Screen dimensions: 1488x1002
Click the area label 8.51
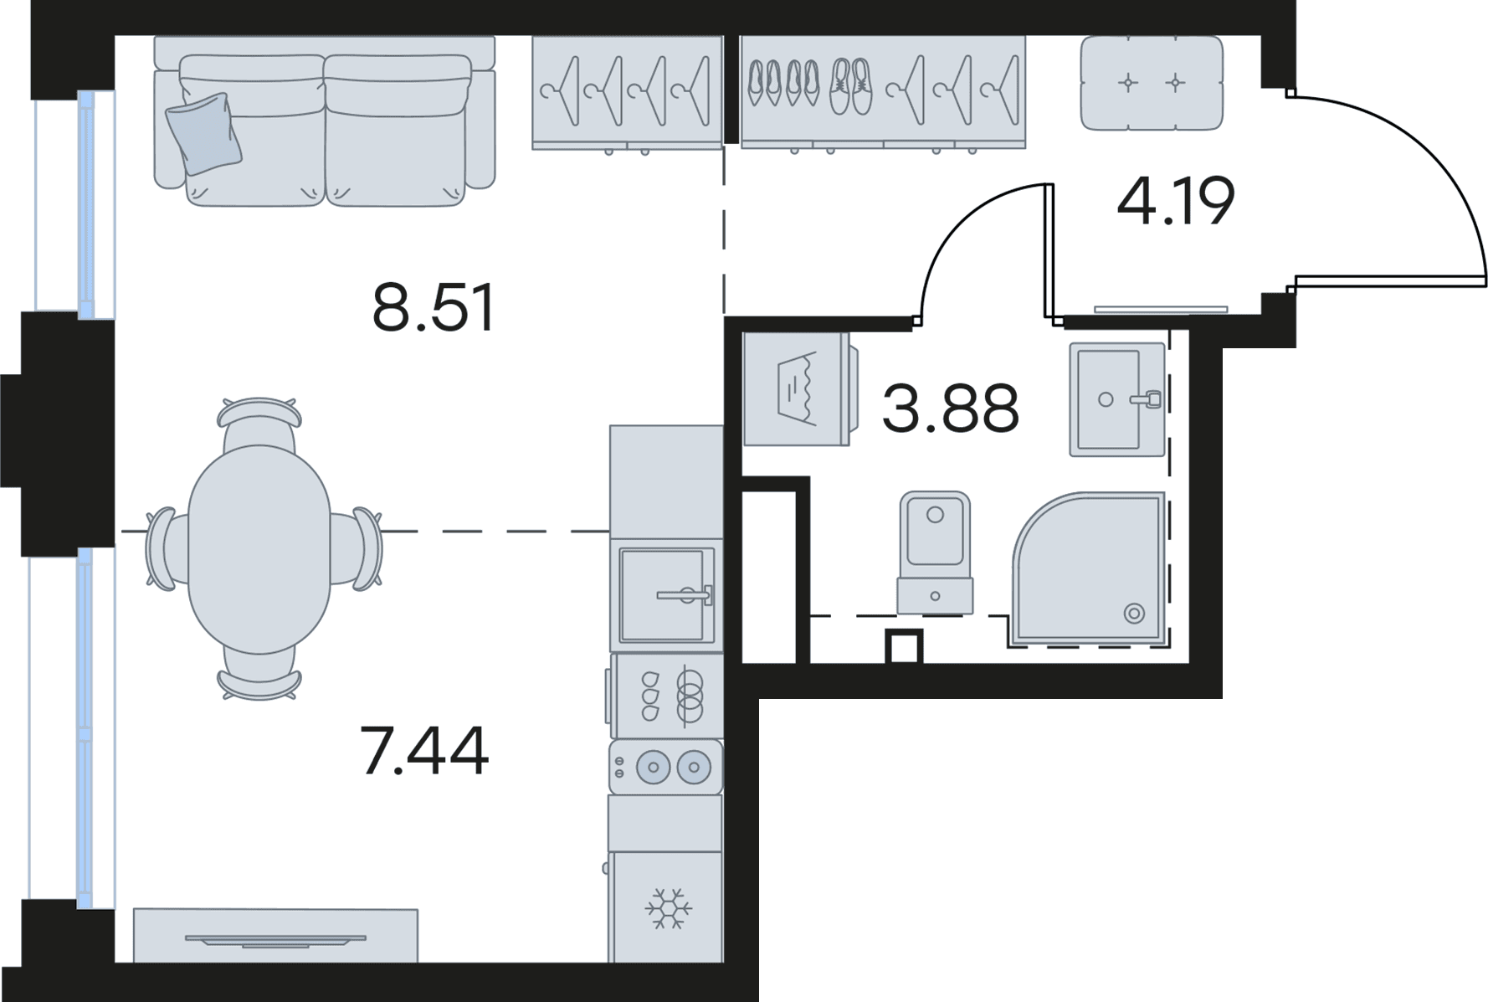coord(434,307)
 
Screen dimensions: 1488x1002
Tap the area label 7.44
coord(424,751)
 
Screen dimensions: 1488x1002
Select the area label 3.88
coord(951,408)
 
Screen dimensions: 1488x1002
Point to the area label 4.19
coord(1176,202)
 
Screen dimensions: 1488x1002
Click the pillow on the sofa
coord(203,133)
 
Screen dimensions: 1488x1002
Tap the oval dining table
coord(259,549)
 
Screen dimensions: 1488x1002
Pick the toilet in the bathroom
coord(935,552)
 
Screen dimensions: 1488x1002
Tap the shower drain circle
coord(1134,614)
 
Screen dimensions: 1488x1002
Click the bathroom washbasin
coord(1117,399)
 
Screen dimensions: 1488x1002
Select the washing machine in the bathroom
coord(799,388)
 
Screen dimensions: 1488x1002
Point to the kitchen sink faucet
coord(686,595)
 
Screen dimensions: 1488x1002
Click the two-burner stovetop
coord(666,767)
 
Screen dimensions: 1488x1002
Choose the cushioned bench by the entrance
coord(1152,83)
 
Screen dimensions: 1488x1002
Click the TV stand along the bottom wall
coord(275,935)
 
